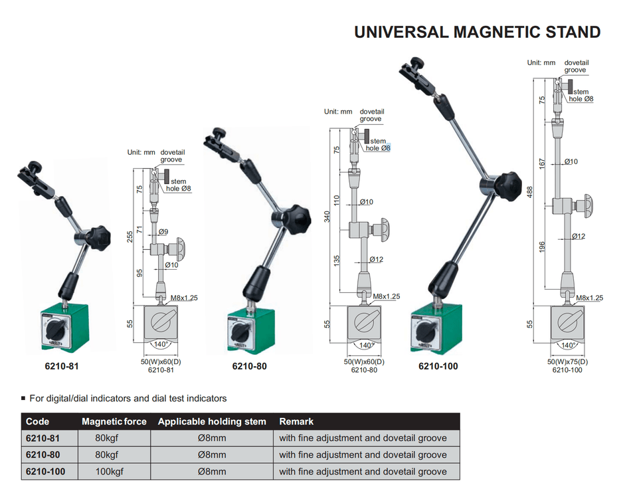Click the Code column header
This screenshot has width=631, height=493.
pyautogui.click(x=37, y=421)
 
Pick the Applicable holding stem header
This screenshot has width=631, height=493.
pyautogui.click(x=212, y=421)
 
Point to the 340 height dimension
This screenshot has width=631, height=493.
pyautogui.click(x=327, y=217)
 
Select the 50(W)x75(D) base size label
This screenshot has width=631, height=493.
pyautogui.click(x=567, y=361)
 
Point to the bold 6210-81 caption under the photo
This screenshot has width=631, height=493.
pyautogui.click(x=62, y=366)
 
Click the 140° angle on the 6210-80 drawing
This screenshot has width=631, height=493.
pyautogui.click(x=364, y=345)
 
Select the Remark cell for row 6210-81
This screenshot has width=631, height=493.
pyautogui.click(x=363, y=438)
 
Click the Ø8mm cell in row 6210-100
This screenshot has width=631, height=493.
pyautogui.click(x=212, y=472)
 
